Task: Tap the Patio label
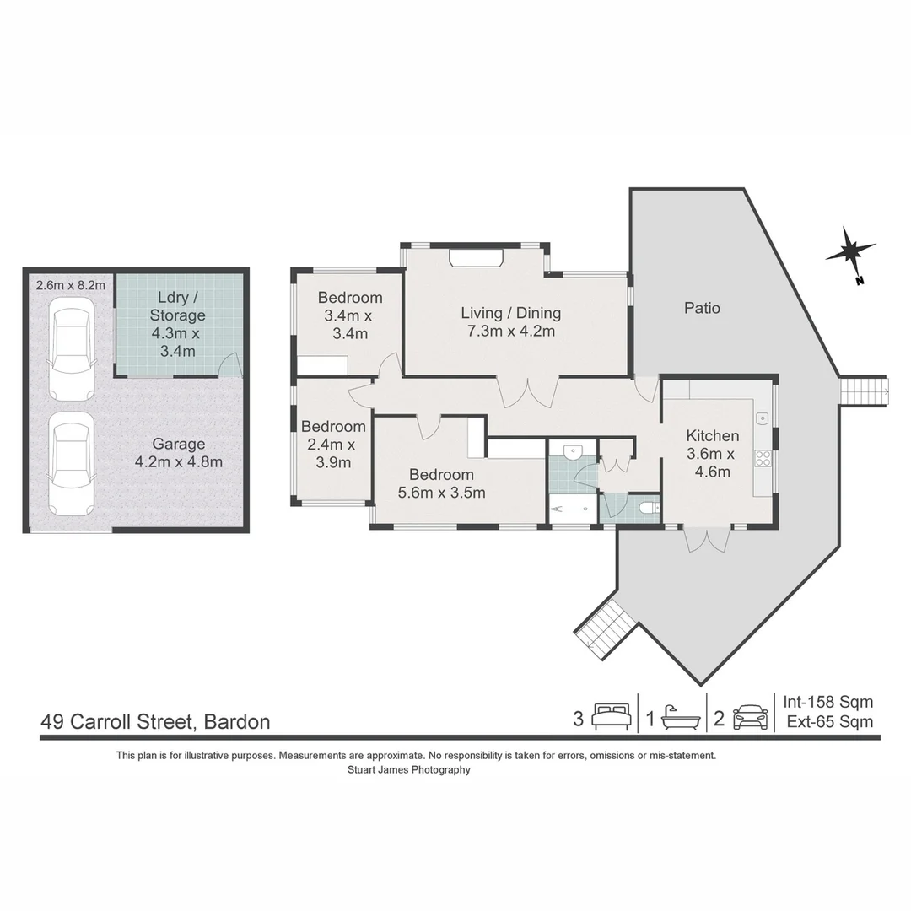pos(702,308)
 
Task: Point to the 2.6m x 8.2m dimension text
pos(71,285)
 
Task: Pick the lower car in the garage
pos(72,463)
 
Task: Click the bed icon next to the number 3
pos(612,719)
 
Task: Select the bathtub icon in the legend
pos(680,719)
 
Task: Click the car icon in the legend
pos(750,719)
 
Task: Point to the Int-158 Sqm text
pos(827,702)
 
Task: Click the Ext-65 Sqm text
pos(829,721)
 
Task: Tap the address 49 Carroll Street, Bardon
pos(156,722)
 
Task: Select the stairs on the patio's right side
pos(864,391)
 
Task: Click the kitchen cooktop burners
pos(763,458)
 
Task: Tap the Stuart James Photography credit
pos(408,769)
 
